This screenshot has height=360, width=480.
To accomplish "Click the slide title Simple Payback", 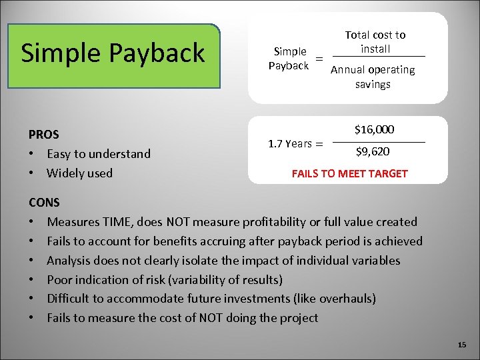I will (113, 53).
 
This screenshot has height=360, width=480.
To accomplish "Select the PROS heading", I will (43, 134).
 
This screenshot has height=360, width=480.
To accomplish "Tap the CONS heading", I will (44, 202).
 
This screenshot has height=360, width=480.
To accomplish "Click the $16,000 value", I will (374, 129).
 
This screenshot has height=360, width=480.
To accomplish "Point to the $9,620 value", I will (373, 152).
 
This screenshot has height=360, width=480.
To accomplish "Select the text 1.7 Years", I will (290, 143).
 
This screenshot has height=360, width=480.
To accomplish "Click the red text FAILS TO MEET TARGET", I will (349, 173).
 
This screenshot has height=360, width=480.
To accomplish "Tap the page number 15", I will (463, 345).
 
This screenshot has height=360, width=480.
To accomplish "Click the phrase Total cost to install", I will (375, 41).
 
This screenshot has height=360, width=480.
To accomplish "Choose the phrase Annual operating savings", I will (373, 77).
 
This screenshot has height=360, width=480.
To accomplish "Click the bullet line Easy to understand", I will (99, 154).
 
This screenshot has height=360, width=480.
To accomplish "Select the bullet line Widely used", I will (79, 173).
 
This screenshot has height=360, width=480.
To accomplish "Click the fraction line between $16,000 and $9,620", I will (378, 142).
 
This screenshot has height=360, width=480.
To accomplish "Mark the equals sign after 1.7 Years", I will (319, 144).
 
